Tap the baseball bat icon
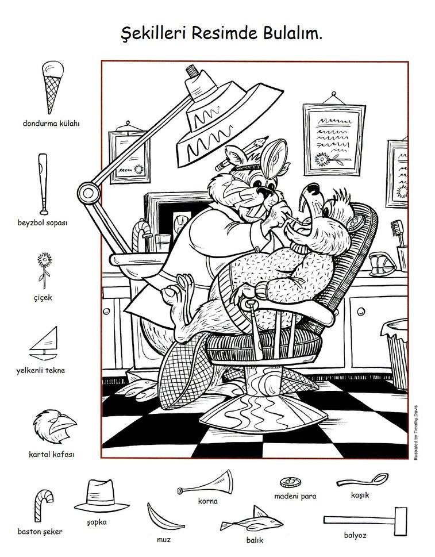pos(43,184)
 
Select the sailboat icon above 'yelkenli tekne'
pos(45,344)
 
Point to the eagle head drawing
pos(54,426)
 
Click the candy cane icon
pos(43,505)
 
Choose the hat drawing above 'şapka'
pos(101,496)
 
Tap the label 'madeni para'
pos(295,496)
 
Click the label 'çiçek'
pos(43,298)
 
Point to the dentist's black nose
pos(265,192)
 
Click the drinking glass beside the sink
pos(163,243)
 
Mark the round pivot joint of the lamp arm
pos(88,193)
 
